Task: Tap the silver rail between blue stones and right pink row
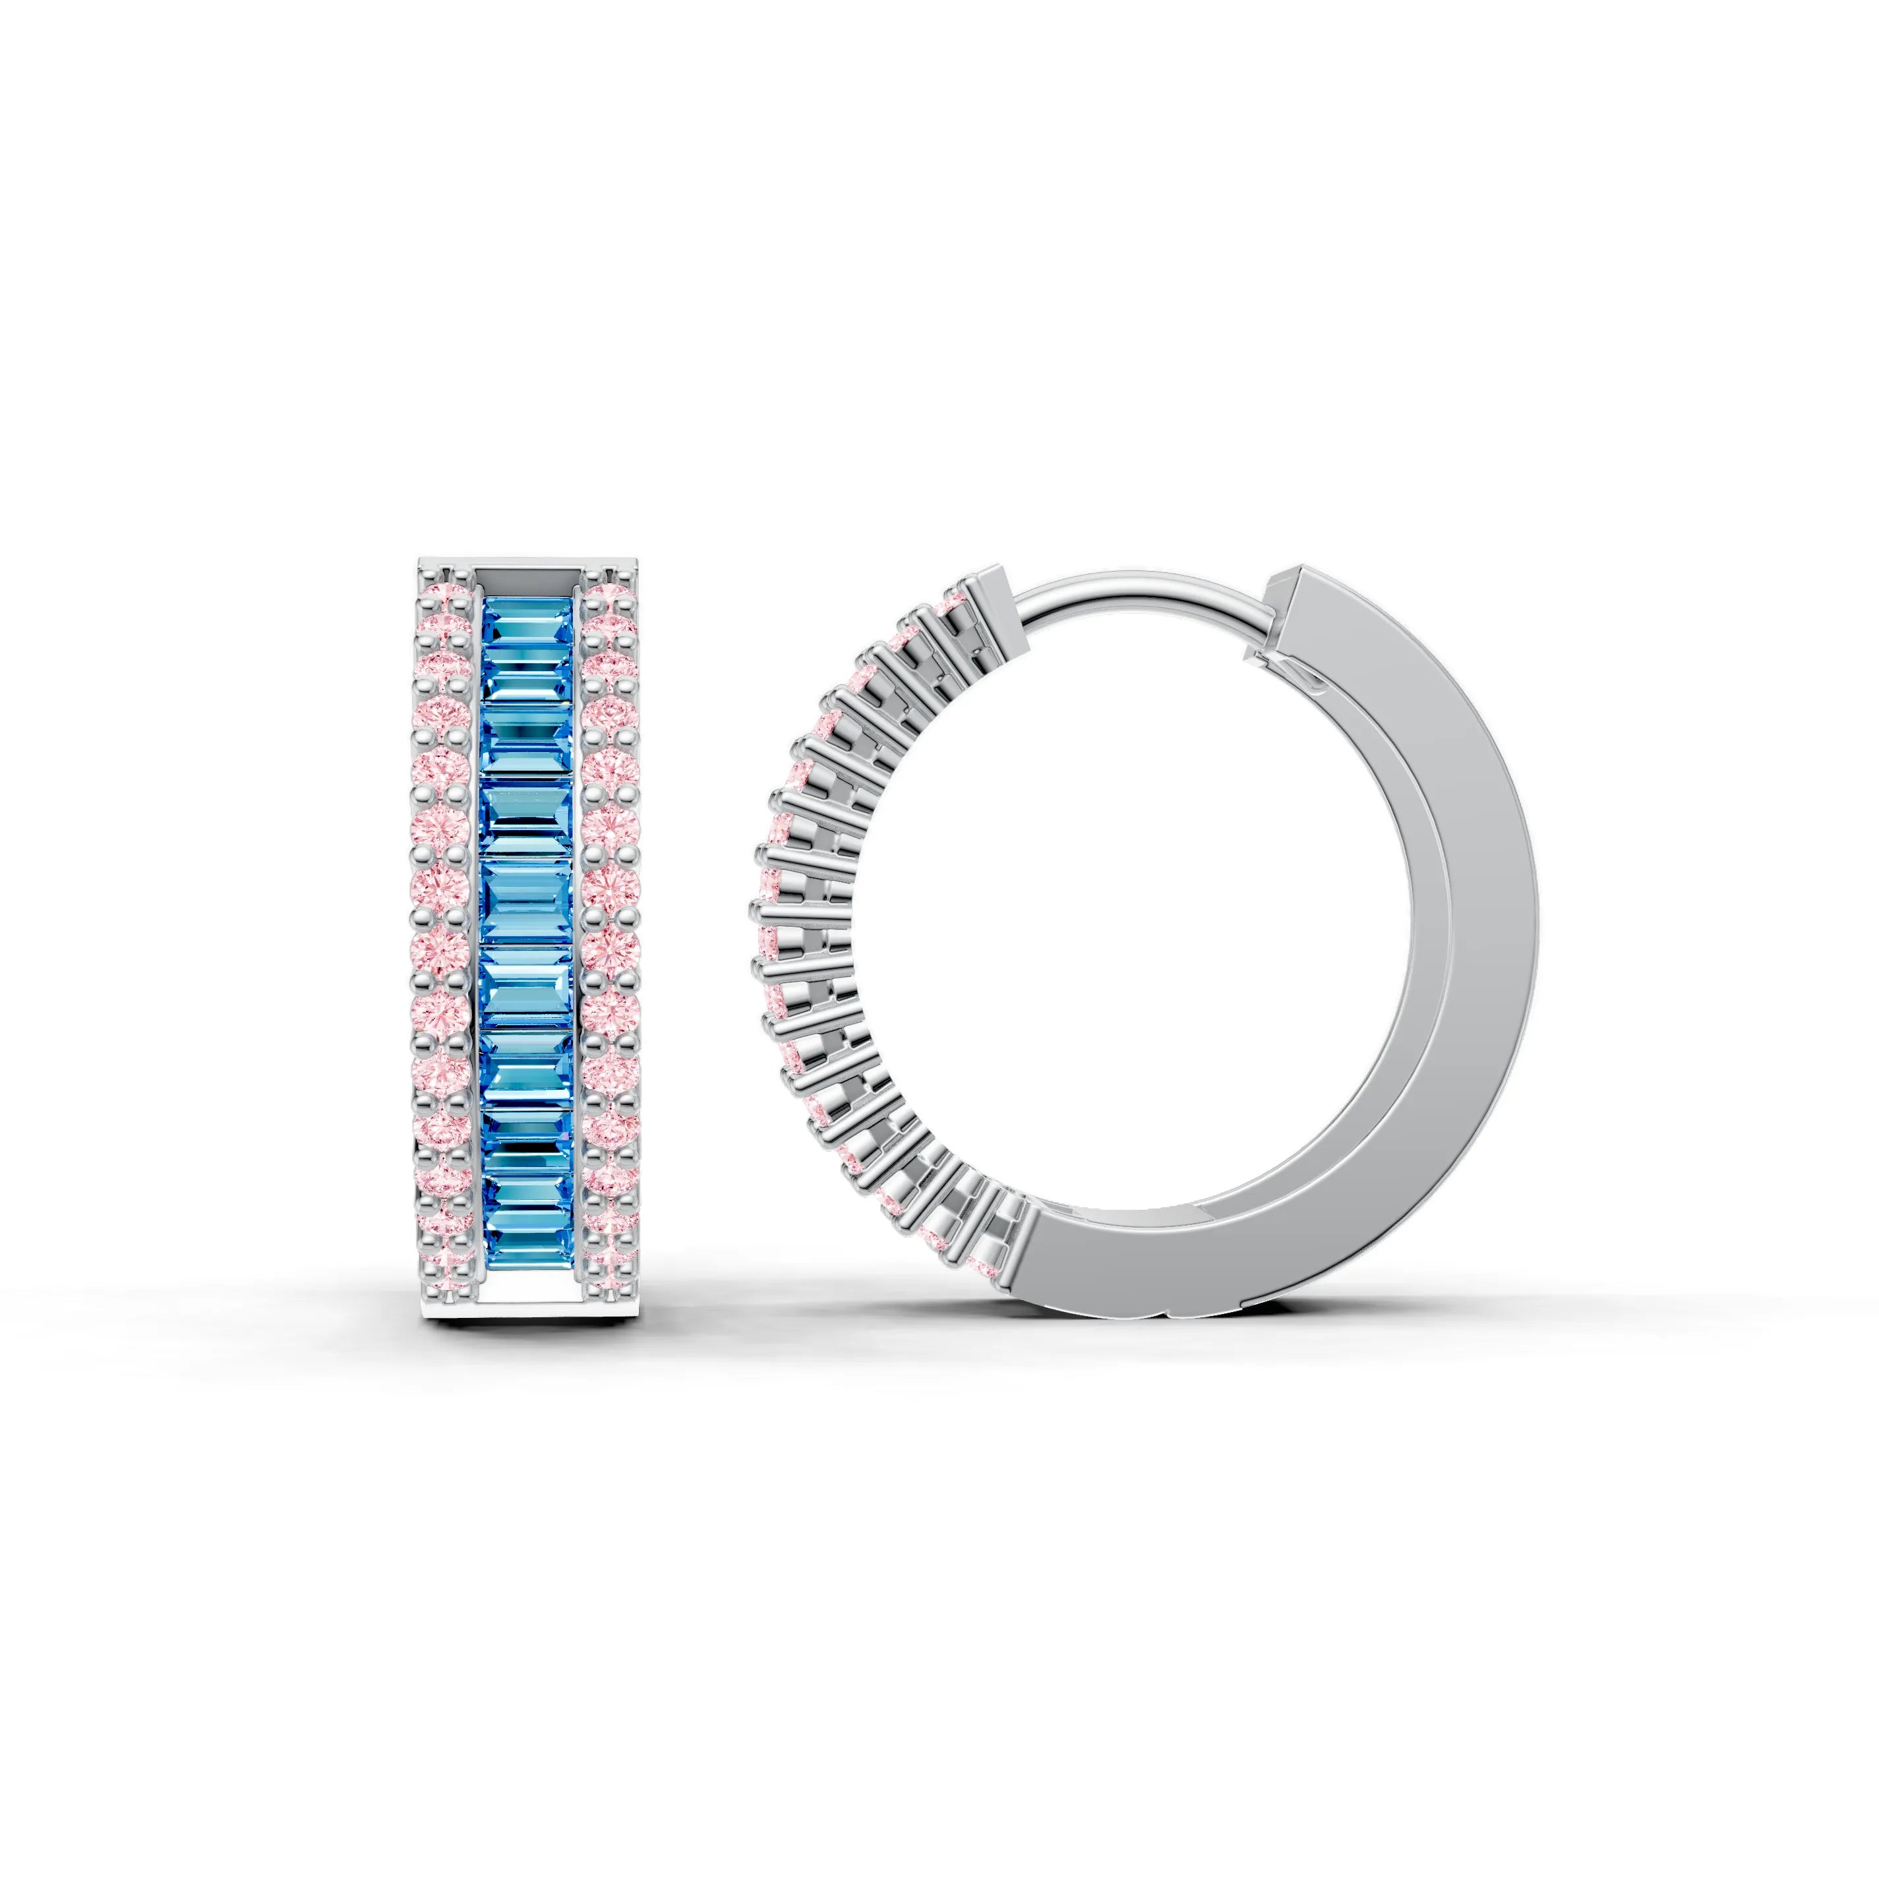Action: click(x=580, y=934)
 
